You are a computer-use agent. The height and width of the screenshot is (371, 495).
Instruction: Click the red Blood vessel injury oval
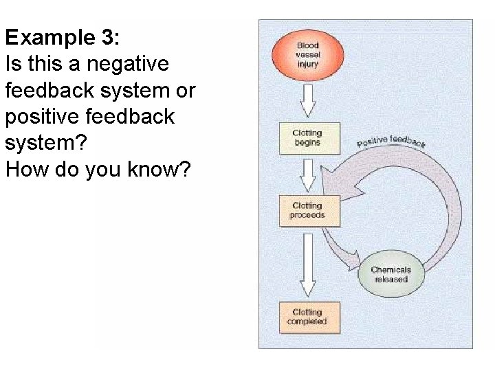coord(307,55)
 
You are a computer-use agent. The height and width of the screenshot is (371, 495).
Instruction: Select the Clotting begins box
coord(307,138)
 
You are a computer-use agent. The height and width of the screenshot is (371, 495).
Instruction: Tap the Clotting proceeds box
coord(307,210)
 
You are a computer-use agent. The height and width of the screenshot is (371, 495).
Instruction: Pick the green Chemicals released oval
coord(390,275)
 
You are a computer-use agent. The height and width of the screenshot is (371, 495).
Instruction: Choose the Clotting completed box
coord(307,317)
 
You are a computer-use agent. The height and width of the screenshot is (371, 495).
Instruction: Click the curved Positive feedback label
coord(390,142)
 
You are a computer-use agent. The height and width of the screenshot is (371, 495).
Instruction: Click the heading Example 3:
coord(62,37)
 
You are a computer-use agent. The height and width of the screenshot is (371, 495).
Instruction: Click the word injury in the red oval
coord(307,64)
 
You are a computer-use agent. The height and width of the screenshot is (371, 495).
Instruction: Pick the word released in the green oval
coord(390,280)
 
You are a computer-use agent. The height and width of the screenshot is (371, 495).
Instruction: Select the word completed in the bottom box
coord(307,322)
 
